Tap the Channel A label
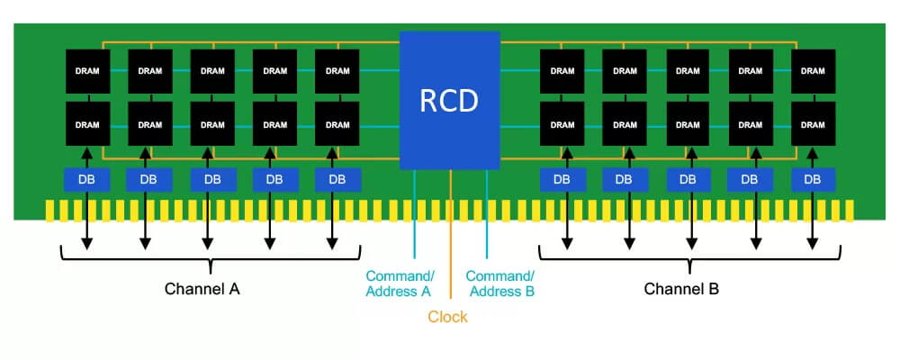pyautogui.click(x=202, y=290)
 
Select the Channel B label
pyautogui.click(x=681, y=290)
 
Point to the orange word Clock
pyautogui.click(x=447, y=317)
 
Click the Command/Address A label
pyautogui.click(x=399, y=283)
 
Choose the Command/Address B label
pyautogui.click(x=500, y=283)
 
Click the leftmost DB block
pyautogui.click(x=87, y=179)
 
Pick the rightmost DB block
pyautogui.click(x=812, y=179)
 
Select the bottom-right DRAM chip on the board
pyautogui.click(x=812, y=124)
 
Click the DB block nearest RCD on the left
pyautogui.click(x=337, y=179)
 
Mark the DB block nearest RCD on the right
pyautogui.click(x=562, y=179)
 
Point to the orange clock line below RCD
pyautogui.click(x=450, y=234)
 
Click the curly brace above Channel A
pyautogui.click(x=210, y=262)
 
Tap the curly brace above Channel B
pyautogui.click(x=688, y=262)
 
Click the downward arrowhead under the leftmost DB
pyautogui.click(x=87, y=245)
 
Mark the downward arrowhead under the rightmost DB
pyautogui.click(x=812, y=245)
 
